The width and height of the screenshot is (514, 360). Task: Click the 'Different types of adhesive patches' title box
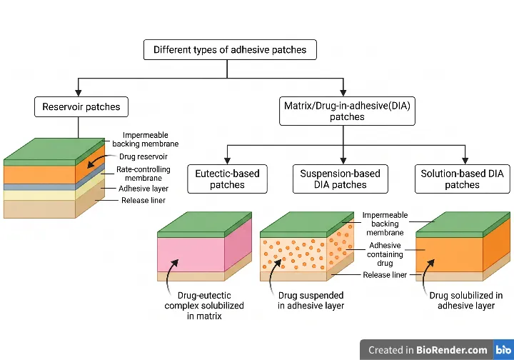pyautogui.click(x=230, y=49)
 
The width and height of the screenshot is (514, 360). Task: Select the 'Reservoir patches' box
pyautogui.click(x=81, y=106)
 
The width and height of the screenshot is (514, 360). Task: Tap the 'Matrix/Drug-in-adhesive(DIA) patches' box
pyautogui.click(x=347, y=111)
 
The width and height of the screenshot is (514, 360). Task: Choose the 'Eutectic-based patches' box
pyautogui.click(x=227, y=179)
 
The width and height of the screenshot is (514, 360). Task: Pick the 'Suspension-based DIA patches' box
pyautogui.click(x=341, y=179)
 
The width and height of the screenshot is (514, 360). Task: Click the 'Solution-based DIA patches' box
pyautogui.click(x=462, y=179)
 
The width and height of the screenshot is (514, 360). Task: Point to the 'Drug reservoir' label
pyautogui.click(x=143, y=156)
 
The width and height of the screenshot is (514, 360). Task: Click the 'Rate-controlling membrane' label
pyautogui.click(x=143, y=174)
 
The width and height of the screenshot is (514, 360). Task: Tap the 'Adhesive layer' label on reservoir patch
pyautogui.click(x=143, y=189)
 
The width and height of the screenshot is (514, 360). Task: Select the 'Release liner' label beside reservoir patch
pyautogui.click(x=143, y=200)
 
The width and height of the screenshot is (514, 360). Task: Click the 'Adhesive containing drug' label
pyautogui.click(x=385, y=254)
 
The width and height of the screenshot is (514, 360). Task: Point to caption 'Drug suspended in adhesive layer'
pyautogui.click(x=311, y=300)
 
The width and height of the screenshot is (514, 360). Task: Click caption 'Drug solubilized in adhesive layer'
pyautogui.click(x=465, y=300)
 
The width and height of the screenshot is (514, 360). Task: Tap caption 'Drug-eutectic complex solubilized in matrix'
pyautogui.click(x=204, y=306)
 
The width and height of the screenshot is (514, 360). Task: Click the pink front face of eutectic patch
pyautogui.click(x=191, y=255)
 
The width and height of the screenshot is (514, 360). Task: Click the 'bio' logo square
pyautogui.click(x=503, y=350)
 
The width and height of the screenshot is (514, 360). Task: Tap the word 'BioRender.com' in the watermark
pyautogui.click(x=452, y=350)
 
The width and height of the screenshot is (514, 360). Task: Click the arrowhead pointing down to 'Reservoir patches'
pyautogui.click(x=79, y=92)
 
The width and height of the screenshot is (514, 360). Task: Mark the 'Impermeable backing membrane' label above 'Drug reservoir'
pyautogui.click(x=145, y=139)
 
